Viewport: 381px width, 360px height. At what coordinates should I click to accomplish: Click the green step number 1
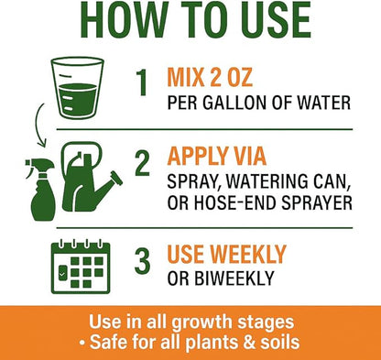pos(142,82)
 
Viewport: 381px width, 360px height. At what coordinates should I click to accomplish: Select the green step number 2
pos(142,163)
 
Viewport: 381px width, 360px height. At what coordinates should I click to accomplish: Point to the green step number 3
pos(142,261)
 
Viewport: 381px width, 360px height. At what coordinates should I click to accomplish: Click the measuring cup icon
pos(78,87)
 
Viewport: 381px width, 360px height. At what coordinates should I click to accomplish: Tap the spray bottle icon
pos(40,190)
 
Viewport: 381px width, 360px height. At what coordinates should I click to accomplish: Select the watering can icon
pos(90,177)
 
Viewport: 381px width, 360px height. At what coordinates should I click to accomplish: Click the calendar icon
pos(81,267)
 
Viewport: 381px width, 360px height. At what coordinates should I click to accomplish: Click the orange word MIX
pos(186,77)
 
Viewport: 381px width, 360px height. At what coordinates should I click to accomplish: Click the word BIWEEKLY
pos(234,278)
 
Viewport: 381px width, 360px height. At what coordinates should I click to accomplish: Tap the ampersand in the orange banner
pos(249,342)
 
